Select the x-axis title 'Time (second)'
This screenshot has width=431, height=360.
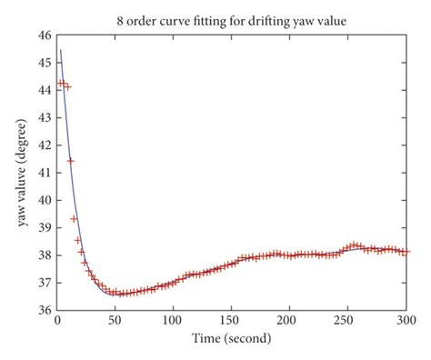point(231,339)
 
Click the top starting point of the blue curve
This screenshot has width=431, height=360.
point(60,50)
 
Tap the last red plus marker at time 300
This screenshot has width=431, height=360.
point(406,252)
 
